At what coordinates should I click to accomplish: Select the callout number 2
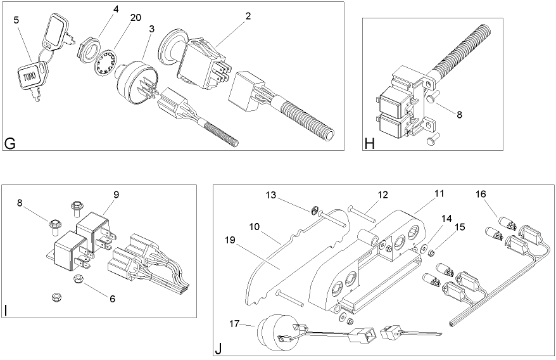tap(248, 16)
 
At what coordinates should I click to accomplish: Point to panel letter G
tap(10, 143)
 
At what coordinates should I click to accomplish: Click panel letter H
tap(370, 143)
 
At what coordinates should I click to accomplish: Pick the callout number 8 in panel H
tap(458, 115)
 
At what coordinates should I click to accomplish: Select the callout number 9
tap(116, 195)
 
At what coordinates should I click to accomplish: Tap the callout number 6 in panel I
tap(112, 298)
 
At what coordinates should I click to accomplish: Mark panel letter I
tap(6, 310)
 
